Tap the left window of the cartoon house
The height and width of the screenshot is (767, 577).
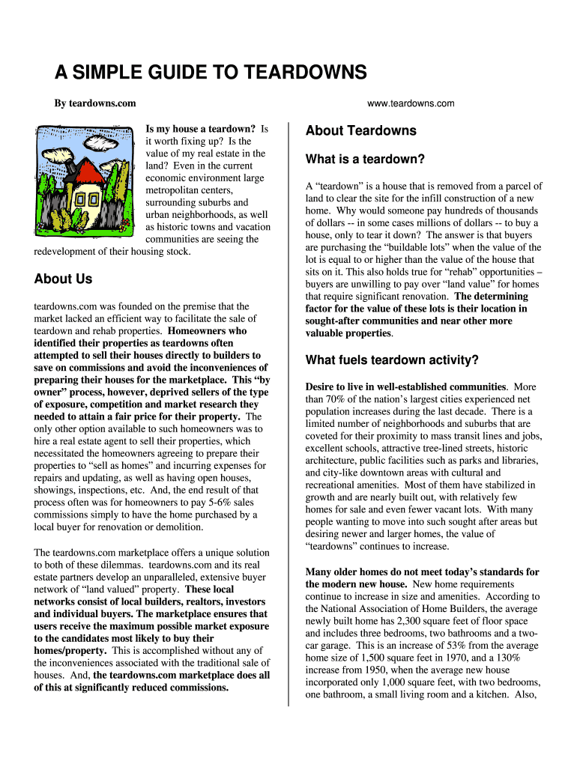coord(78,200)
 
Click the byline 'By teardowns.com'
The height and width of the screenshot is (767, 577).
coord(94,103)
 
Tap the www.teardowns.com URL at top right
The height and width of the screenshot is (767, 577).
coord(411,103)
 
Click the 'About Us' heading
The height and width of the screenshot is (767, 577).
coord(63,279)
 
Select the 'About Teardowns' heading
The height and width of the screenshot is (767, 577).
coord(360,130)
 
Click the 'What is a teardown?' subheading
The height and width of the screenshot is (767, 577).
coord(365,160)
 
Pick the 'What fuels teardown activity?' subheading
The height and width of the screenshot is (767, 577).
coord(392,360)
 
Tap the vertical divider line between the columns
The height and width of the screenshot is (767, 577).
coord(288,412)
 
